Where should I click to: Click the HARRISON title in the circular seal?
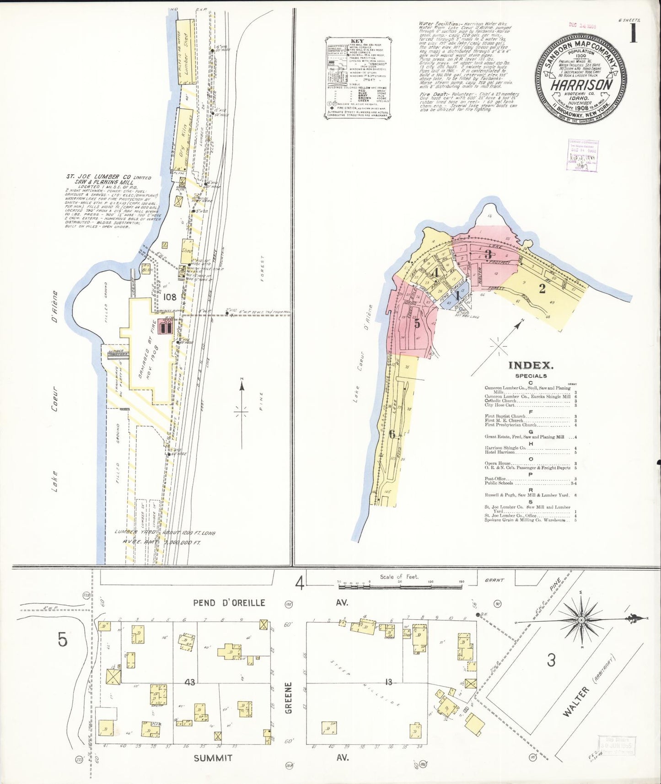[581, 85]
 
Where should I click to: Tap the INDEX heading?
[531, 365]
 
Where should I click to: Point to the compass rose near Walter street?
[581, 620]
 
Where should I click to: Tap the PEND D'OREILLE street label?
[229, 602]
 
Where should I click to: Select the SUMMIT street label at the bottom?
[213, 758]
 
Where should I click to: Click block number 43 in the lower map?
[190, 682]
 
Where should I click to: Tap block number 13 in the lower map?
[388, 682]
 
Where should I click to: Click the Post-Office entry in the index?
[496, 478]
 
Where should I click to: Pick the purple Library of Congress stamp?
[583, 155]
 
